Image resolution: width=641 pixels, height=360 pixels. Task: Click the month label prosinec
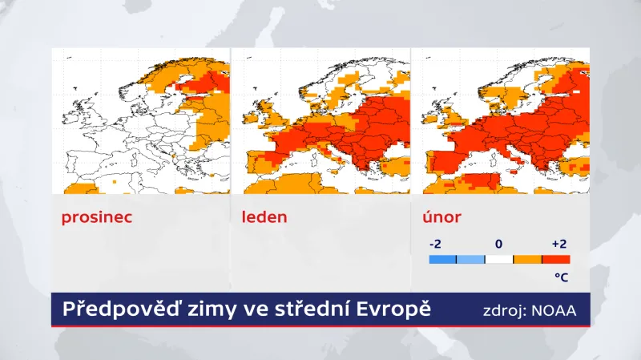(96, 217)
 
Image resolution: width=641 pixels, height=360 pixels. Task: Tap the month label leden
(264, 217)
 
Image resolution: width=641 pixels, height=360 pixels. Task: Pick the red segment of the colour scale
(556, 259)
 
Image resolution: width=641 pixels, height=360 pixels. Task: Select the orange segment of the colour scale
(527, 259)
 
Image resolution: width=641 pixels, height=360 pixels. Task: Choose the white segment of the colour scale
(499, 259)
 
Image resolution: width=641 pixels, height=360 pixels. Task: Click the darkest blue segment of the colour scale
(442, 259)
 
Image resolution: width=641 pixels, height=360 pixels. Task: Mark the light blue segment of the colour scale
(470, 259)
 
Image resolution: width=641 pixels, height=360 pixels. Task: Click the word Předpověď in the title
(111, 309)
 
